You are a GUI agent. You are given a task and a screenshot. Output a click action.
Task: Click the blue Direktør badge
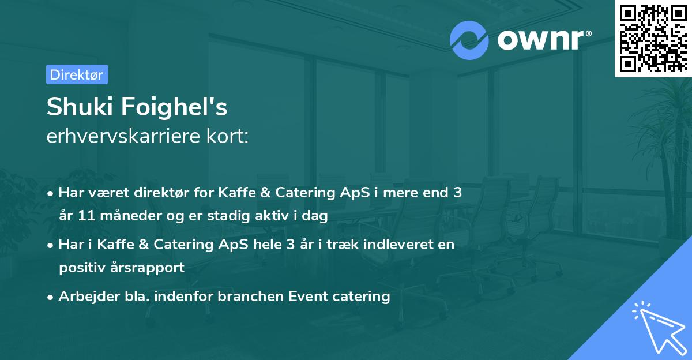click(77, 74)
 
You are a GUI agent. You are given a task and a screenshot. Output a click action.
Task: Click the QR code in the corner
click(653, 38)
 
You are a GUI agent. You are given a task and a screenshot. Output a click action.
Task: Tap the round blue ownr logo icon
click(469, 40)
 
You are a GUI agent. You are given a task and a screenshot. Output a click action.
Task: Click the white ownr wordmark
click(540, 40)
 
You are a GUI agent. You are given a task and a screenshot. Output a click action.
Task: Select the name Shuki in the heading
click(80, 107)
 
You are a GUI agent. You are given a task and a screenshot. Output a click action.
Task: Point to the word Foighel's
click(174, 107)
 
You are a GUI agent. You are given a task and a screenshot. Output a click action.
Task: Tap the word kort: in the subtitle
click(227, 136)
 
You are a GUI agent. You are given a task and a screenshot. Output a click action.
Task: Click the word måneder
click(131, 215)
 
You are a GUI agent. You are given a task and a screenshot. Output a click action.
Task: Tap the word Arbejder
click(89, 297)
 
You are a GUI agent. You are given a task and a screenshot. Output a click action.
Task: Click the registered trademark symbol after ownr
click(588, 33)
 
